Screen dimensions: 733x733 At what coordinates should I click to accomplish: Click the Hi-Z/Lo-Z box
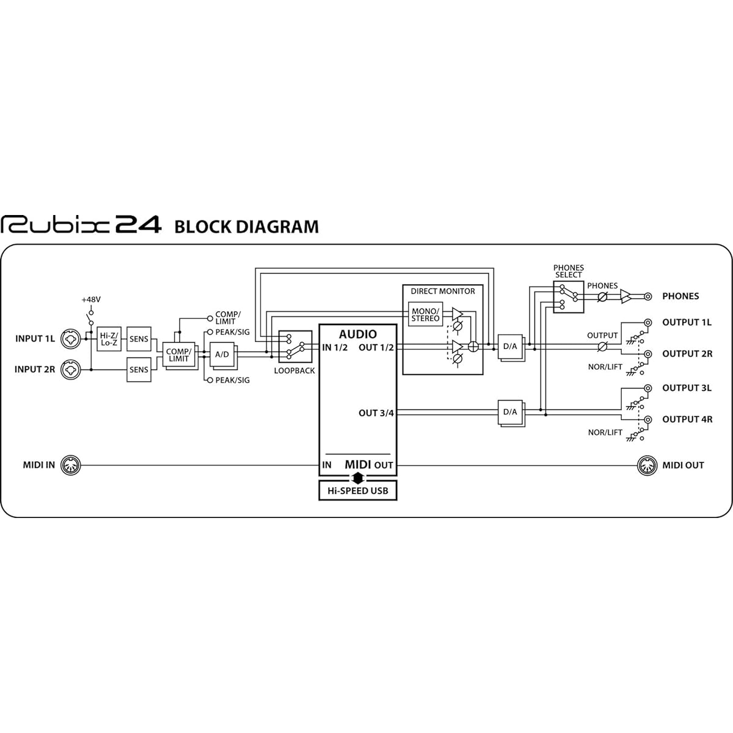pyautogui.click(x=109, y=338)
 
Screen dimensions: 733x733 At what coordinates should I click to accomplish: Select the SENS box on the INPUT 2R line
pyautogui.click(x=139, y=370)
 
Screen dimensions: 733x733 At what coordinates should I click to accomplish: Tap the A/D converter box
pyautogui.click(x=222, y=354)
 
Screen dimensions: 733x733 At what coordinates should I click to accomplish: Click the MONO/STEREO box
pyautogui.click(x=425, y=314)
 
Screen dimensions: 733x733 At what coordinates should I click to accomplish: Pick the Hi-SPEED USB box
pyautogui.click(x=357, y=490)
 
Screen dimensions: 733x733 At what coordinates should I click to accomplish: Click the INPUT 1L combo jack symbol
pyautogui.click(x=71, y=338)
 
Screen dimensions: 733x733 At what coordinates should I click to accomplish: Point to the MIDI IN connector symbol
pyautogui.click(x=71, y=465)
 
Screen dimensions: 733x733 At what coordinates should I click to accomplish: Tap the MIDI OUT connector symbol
pyautogui.click(x=647, y=465)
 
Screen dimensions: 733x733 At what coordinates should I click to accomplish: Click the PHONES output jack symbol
pyautogui.click(x=648, y=296)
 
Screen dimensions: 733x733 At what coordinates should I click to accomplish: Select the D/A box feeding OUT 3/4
pyautogui.click(x=510, y=412)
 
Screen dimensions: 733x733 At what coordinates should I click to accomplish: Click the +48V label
pyautogui.click(x=91, y=300)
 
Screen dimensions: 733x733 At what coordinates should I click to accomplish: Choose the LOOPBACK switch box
pyautogui.click(x=295, y=346)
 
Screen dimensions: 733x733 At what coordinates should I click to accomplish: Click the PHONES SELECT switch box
pyautogui.click(x=568, y=297)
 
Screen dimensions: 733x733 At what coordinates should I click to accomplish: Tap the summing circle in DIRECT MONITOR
pyautogui.click(x=473, y=346)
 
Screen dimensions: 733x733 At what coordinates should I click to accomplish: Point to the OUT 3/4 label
pyautogui.click(x=376, y=413)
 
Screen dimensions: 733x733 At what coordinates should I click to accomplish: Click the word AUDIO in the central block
pyautogui.click(x=357, y=334)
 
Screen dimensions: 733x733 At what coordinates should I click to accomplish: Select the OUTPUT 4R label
pyautogui.click(x=687, y=419)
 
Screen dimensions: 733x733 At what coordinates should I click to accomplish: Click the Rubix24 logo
pyautogui.click(x=81, y=224)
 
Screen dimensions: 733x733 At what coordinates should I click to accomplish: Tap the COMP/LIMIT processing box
pyautogui.click(x=179, y=354)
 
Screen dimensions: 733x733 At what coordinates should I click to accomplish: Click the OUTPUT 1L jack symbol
pyautogui.click(x=648, y=323)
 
